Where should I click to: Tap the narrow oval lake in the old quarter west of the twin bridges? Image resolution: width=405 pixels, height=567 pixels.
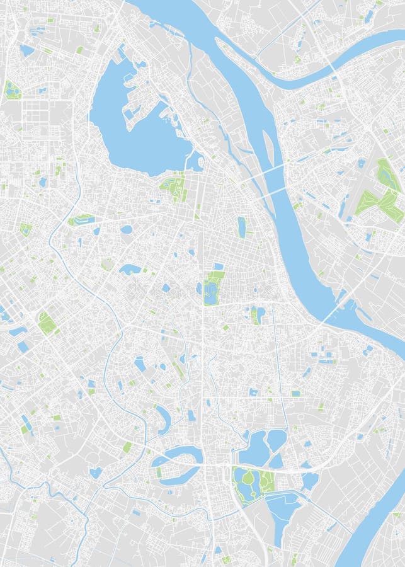click(x=241, y=226)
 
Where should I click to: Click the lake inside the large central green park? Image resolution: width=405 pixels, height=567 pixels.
click(x=210, y=290)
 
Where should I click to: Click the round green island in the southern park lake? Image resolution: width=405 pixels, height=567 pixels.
click(x=248, y=478)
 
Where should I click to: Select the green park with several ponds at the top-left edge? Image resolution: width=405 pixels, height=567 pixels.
click(x=12, y=90)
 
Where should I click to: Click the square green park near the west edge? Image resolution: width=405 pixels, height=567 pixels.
click(x=46, y=323)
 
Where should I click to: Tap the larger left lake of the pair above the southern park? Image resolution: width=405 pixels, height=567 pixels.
click(x=254, y=448)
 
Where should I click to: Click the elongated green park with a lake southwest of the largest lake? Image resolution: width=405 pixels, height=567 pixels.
click(x=82, y=220)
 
